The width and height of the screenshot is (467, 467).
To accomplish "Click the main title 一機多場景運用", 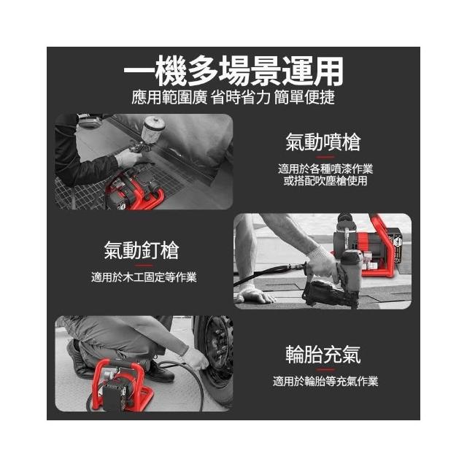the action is [233, 71].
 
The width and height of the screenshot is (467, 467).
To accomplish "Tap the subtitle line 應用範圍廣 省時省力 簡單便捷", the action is [233, 97].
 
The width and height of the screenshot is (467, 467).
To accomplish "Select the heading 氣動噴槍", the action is [323, 142].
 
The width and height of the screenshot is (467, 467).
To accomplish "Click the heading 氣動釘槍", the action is [142, 250].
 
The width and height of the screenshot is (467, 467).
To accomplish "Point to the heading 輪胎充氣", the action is [323, 354].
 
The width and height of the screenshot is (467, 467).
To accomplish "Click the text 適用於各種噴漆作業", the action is [325, 169].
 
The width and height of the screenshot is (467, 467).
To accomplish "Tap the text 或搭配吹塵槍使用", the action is [325, 181].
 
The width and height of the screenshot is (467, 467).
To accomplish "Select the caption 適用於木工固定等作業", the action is [144, 277].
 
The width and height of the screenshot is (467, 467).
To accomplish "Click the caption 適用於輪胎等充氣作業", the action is [325, 381].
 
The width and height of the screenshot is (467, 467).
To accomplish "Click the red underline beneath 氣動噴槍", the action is [325, 157].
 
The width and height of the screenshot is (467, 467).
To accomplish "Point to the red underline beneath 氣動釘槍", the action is [144, 265].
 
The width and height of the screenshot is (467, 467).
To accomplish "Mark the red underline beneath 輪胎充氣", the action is [325, 369].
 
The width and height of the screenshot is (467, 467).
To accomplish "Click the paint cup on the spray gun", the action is [154, 128].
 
